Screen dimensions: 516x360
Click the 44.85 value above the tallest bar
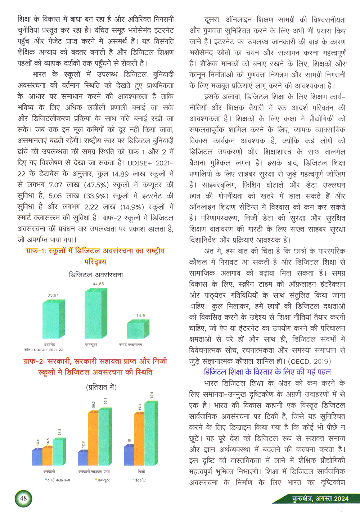(98, 284)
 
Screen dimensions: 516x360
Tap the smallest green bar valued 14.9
(137, 329)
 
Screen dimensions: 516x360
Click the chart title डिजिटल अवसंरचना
(96, 275)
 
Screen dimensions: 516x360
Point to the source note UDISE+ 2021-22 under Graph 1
(44, 350)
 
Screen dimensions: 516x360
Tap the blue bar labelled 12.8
(83, 458)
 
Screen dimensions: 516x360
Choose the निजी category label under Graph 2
(141, 471)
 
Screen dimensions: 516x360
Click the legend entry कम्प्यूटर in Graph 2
(103, 480)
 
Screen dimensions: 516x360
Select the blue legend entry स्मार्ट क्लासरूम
(58, 480)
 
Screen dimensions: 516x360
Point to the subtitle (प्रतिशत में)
(101, 387)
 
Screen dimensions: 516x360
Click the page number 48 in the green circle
(23, 499)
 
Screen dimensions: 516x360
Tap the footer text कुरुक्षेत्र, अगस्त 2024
(320, 499)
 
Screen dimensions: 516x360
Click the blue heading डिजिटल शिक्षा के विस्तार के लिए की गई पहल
(267, 372)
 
